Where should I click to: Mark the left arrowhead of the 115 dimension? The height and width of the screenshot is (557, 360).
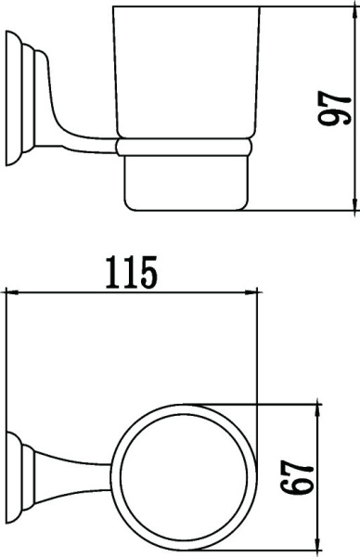tap(11, 291)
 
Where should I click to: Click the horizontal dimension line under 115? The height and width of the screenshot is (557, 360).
tap(130, 291)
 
